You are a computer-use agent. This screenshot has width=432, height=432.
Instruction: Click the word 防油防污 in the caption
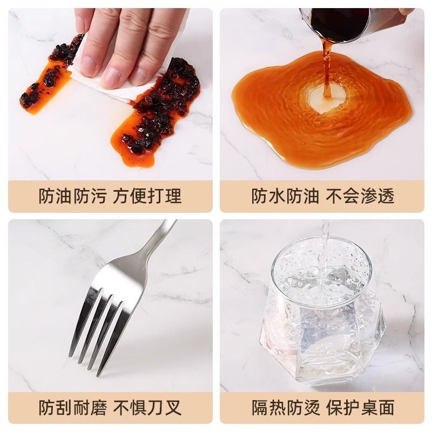tap(73, 196)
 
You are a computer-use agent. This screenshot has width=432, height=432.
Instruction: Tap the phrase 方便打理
tap(147, 196)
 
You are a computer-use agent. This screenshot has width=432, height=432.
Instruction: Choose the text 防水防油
tap(286, 196)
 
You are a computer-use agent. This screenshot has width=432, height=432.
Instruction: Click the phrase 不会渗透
tap(360, 196)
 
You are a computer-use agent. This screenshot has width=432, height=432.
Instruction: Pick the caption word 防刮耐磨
tap(73, 408)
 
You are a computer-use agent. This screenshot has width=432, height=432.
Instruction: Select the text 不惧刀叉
tap(147, 408)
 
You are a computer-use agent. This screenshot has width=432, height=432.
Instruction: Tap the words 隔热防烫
tap(286, 408)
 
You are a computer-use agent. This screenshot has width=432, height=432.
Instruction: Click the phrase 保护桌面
tap(360, 408)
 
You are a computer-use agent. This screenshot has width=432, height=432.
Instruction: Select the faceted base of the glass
tap(323, 350)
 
